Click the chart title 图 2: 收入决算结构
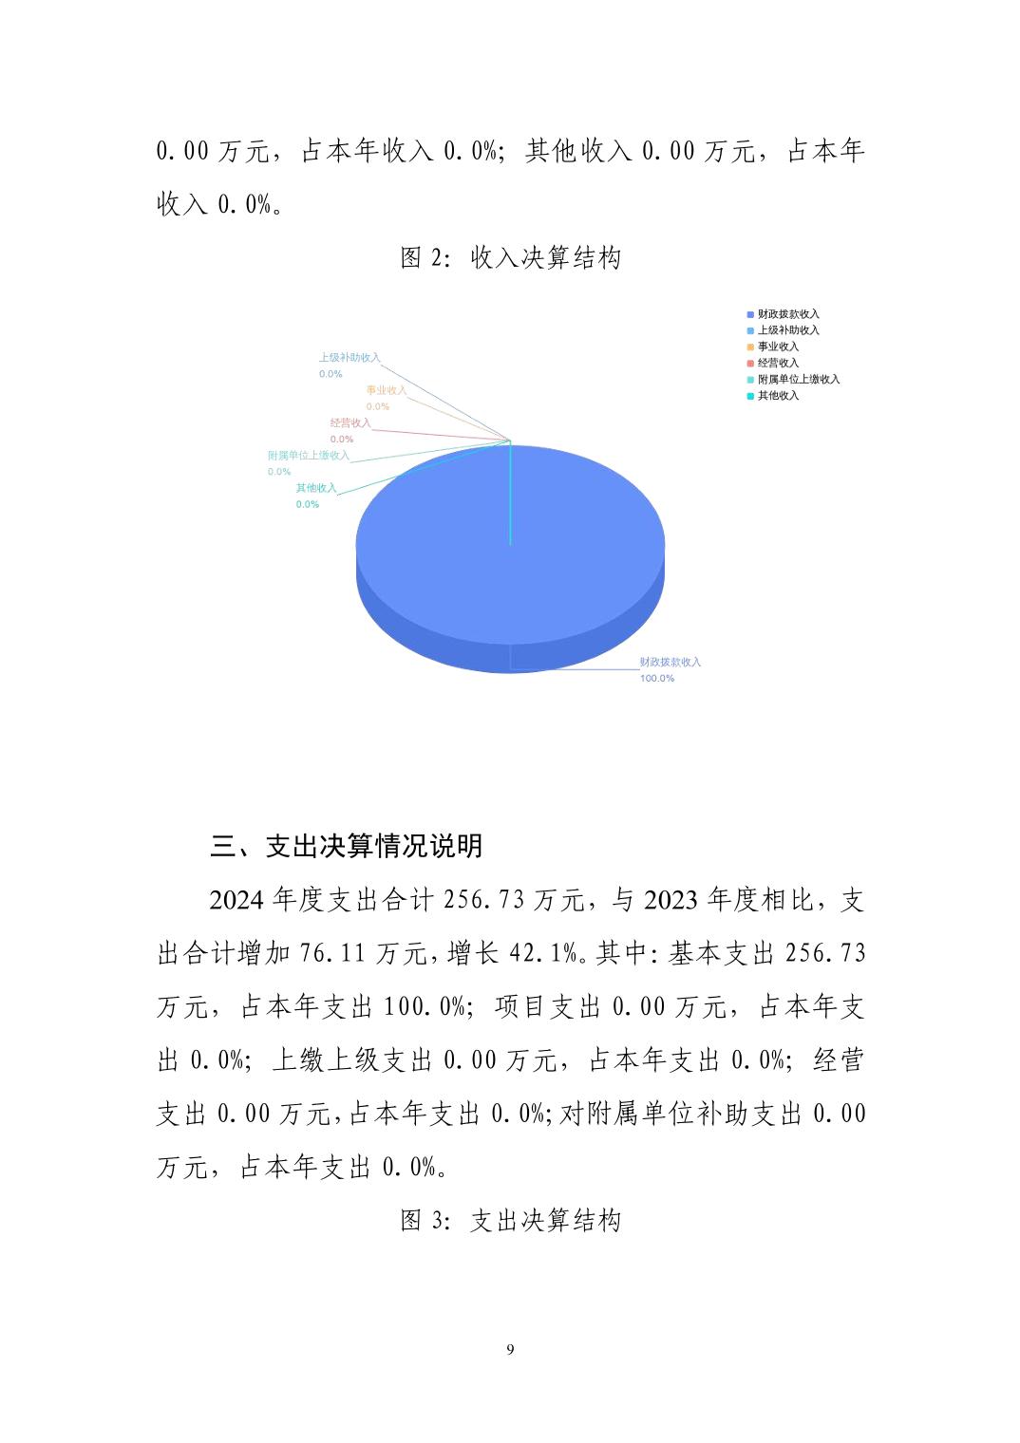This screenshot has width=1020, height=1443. [x=510, y=257]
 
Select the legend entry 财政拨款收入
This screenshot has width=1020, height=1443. [x=787, y=314]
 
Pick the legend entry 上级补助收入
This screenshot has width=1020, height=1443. [x=787, y=330]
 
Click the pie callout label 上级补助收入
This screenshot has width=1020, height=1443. [x=349, y=358]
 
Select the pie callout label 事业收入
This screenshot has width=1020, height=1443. [x=387, y=390]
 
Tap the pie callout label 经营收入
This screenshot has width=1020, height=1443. [x=350, y=423]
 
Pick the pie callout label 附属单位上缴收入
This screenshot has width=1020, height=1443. [x=309, y=456]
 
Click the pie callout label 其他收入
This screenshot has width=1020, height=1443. [x=316, y=488]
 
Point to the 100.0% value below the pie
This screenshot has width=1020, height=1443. [x=656, y=679]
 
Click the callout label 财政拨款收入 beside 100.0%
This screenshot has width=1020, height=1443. [x=670, y=662]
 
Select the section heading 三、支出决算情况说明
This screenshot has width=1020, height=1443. [x=347, y=845]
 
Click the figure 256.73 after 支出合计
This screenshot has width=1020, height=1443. [x=484, y=899]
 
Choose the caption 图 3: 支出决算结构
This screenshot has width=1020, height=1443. [x=510, y=1220]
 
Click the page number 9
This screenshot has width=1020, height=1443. [x=510, y=1349]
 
